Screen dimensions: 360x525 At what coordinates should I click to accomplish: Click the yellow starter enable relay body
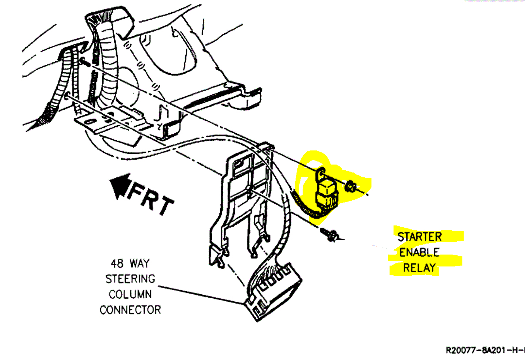327,191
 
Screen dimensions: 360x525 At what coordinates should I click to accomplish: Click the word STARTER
419,237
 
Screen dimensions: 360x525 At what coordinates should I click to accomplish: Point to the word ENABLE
419,253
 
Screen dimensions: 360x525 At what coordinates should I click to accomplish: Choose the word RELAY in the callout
419,268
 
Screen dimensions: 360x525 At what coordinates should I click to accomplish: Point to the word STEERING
130,279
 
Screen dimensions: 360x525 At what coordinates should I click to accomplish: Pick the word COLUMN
130,294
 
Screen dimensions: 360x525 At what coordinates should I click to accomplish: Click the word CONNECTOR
130,310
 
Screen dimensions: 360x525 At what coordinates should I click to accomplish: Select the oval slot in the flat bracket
91,120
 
